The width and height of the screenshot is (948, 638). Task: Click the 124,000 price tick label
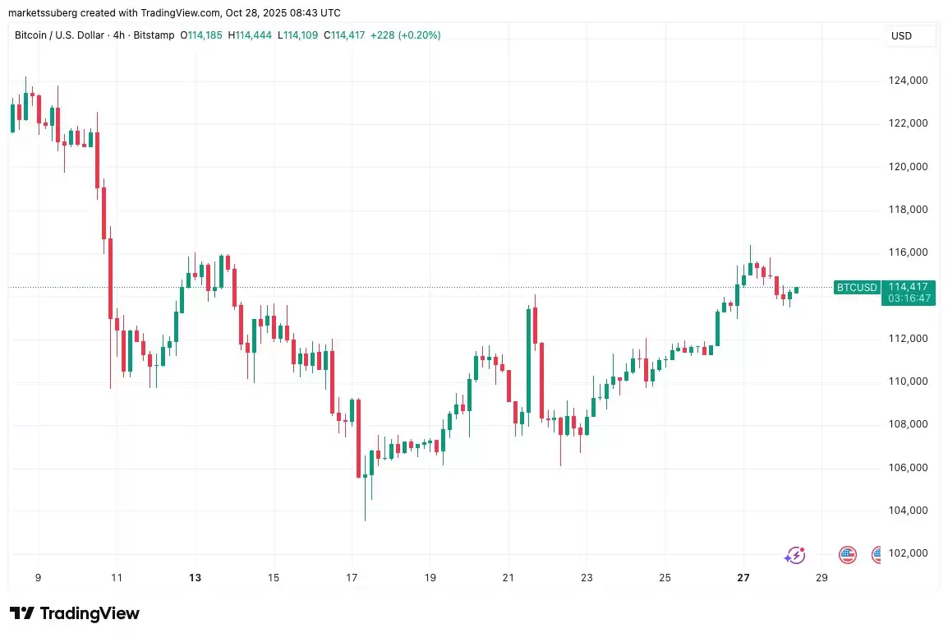[x=908, y=81]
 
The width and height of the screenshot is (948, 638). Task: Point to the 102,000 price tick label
[x=908, y=553]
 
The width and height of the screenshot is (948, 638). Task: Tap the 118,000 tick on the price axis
[x=908, y=210]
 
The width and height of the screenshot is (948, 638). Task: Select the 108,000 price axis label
[x=908, y=424]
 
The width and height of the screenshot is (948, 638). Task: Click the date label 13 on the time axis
[x=195, y=578]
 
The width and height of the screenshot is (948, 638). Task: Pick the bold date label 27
[x=743, y=578]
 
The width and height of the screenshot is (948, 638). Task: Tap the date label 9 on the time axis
[x=38, y=578]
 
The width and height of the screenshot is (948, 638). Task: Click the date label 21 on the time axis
[x=509, y=578]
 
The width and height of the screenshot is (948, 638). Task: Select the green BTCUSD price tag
[x=857, y=288]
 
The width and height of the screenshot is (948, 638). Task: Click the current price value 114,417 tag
[x=907, y=287]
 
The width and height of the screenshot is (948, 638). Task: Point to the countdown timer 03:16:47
[x=907, y=298]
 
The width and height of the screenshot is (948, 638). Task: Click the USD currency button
[x=901, y=36]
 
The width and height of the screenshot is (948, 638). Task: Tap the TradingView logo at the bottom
[x=75, y=613]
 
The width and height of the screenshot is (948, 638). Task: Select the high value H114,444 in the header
[x=251, y=35]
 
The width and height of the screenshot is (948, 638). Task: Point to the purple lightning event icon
[x=795, y=555]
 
